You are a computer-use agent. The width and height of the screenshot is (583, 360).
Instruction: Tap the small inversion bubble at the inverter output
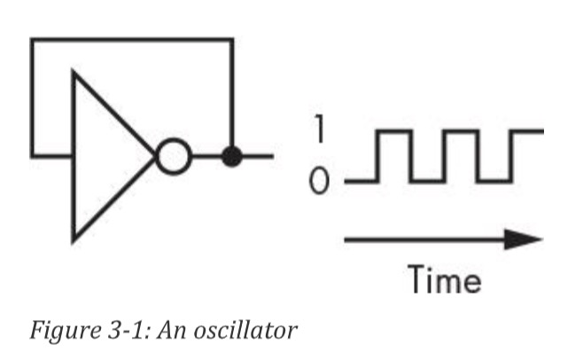pyautogui.click(x=174, y=158)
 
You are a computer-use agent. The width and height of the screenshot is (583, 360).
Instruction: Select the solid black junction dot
pyautogui.click(x=231, y=158)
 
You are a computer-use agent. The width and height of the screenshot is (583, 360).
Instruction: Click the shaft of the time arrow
pyautogui.click(x=425, y=239)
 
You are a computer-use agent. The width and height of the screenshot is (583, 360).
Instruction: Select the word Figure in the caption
pyautogui.click(x=58, y=333)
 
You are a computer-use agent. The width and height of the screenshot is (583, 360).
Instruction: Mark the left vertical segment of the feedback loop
pyautogui.click(x=32, y=98)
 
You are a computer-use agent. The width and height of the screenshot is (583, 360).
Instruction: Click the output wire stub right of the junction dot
pyautogui.click(x=257, y=158)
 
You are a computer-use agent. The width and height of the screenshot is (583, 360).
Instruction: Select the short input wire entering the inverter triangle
pyautogui.click(x=53, y=157)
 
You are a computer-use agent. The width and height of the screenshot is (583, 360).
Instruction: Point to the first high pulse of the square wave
pyautogui.click(x=394, y=131)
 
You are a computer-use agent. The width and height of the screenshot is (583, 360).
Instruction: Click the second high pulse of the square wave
pyautogui.click(x=461, y=131)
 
